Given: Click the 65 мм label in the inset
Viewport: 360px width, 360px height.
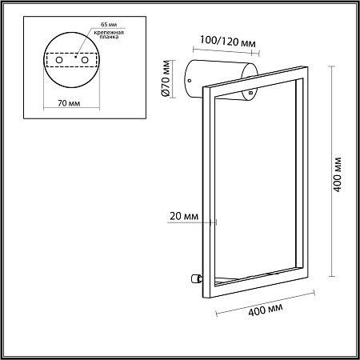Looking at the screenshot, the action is point(109,25).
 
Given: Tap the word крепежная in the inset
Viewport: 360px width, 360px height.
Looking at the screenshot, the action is point(109,33).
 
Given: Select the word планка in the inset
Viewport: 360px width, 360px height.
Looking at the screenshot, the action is point(109,37).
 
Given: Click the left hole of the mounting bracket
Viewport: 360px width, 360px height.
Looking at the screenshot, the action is point(59,60).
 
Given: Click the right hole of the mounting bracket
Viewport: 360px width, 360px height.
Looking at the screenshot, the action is point(85,60).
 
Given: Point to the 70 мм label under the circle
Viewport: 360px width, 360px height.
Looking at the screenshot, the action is point(69,103).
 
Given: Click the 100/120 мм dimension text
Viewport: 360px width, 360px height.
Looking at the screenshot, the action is point(228,42).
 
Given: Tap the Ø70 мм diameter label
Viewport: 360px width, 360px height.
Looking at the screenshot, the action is point(166,78).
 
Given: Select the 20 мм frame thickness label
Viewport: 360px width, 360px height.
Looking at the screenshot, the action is point(184,216).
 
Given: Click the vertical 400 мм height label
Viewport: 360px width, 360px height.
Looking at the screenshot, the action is point(338,174).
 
